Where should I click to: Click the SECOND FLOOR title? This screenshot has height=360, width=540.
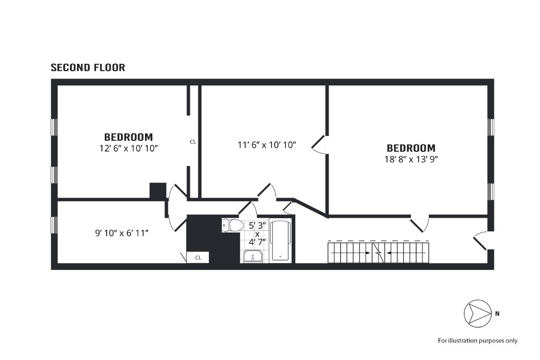[x=88, y=67]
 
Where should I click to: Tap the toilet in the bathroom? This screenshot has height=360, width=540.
[x=233, y=225]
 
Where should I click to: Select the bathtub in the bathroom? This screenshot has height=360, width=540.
[x=280, y=241]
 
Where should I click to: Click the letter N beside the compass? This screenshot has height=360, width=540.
[x=497, y=314]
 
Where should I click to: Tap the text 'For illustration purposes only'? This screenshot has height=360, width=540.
[x=478, y=340]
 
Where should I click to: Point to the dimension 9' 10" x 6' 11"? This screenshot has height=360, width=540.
[x=122, y=232]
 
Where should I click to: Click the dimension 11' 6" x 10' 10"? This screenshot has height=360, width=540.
[x=267, y=144]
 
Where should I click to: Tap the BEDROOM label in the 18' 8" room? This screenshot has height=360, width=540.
[x=411, y=148]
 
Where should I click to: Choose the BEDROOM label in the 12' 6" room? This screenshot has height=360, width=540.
[x=128, y=137]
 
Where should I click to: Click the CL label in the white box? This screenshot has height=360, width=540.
[x=198, y=258]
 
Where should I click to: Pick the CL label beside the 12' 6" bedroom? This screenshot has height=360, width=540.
[x=193, y=141]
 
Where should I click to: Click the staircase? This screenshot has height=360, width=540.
[x=379, y=252]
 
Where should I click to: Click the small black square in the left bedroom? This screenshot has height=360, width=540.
[x=158, y=191]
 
